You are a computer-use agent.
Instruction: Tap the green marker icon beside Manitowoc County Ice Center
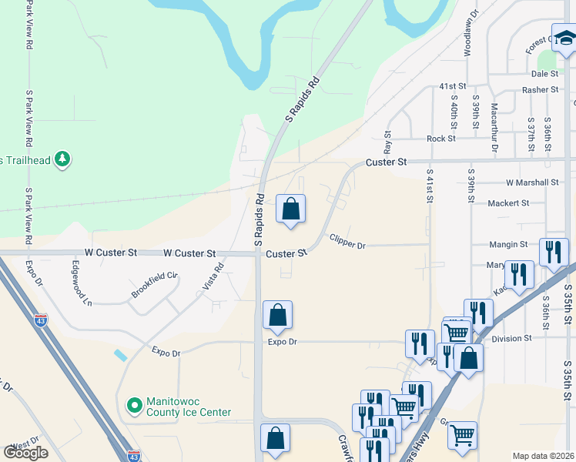coord(134,404)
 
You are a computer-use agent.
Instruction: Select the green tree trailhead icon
coord(62,159)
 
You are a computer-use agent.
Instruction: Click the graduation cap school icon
coord(564,37)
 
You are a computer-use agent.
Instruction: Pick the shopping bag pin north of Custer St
coord(291,209)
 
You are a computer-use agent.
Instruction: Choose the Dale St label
coord(544,74)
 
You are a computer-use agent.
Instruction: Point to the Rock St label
coord(441,139)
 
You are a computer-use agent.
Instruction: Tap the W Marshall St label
coord(532,182)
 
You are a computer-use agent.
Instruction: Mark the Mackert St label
coord(509,203)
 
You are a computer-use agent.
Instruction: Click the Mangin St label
coord(508,245)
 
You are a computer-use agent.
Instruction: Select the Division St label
coord(512,338)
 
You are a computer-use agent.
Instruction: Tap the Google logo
coord(25,453)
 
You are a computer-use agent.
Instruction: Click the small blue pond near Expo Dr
coord(119,356)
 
